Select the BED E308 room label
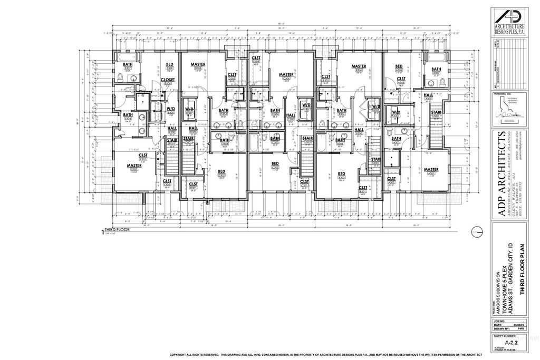click(169, 66)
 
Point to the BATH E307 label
click(128, 66)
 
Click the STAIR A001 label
click(436, 114)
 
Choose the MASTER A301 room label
click(431, 171)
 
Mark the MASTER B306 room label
click(360, 67)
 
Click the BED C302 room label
click(275, 165)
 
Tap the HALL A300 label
click(428, 96)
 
